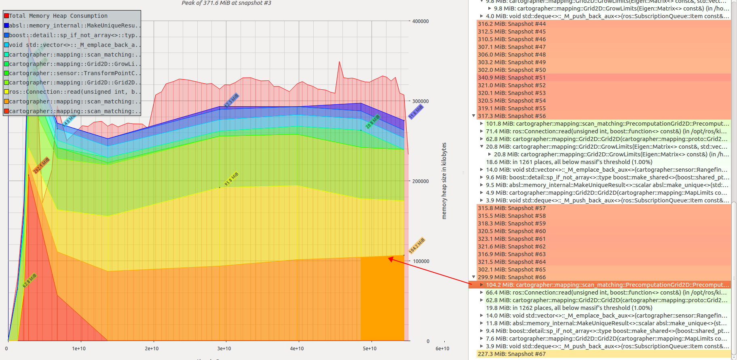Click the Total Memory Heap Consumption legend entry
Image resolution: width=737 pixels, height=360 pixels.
(x=58, y=16)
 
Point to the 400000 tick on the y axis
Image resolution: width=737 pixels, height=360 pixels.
(x=420, y=21)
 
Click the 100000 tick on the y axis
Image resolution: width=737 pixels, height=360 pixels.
(x=420, y=261)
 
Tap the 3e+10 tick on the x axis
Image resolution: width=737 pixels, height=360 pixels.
(x=224, y=349)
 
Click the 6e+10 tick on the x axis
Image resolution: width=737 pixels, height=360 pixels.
(x=442, y=349)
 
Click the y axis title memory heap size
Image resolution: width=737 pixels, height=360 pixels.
(x=444, y=181)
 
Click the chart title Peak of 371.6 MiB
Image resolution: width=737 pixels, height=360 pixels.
(x=226, y=3)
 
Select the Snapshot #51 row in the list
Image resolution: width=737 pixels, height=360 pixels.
(x=511, y=78)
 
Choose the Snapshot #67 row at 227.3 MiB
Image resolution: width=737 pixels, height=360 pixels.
(x=511, y=354)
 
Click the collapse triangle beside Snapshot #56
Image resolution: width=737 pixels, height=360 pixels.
(x=474, y=116)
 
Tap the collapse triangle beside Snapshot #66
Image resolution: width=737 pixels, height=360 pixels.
(x=474, y=277)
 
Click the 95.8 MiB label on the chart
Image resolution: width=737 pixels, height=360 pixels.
(x=232, y=179)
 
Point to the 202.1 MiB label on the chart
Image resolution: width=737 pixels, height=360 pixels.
(x=41, y=166)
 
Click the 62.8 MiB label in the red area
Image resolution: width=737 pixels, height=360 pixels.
(x=30, y=280)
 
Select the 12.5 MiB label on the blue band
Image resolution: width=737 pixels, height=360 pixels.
(x=232, y=100)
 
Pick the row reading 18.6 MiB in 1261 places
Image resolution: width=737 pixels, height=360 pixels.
(x=569, y=162)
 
